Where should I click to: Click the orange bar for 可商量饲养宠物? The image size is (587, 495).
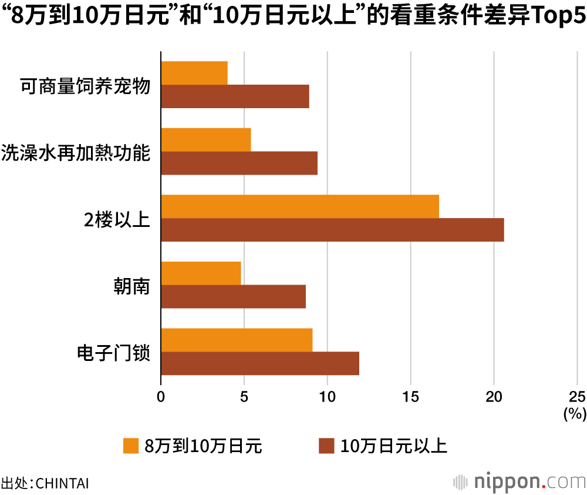click(x=194, y=73)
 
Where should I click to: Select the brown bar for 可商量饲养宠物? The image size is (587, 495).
click(x=235, y=96)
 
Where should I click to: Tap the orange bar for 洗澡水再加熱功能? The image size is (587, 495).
click(x=206, y=139)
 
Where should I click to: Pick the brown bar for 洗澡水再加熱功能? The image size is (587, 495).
click(x=239, y=163)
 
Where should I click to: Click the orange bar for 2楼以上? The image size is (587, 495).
click(x=300, y=206)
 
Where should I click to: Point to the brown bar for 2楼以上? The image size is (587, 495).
click(x=332, y=230)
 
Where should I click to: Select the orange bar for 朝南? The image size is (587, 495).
click(x=201, y=273)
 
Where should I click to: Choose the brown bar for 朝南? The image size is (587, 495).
click(x=233, y=296)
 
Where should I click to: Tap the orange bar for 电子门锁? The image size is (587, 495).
click(x=237, y=340)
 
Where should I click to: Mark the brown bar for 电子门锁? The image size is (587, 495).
click(x=260, y=363)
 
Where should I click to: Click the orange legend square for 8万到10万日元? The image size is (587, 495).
click(x=130, y=446)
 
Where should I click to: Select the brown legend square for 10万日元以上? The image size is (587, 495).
click(x=326, y=446)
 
